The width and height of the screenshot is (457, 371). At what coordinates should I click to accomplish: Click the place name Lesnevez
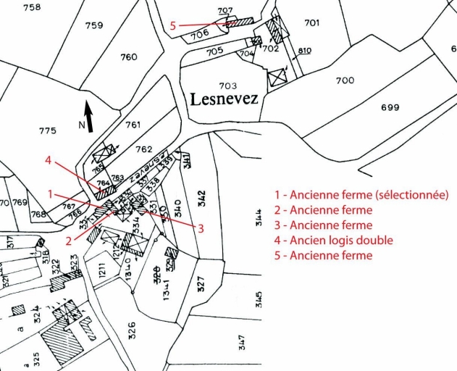click(x=224, y=99)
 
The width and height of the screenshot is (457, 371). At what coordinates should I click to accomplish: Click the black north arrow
click(x=89, y=114)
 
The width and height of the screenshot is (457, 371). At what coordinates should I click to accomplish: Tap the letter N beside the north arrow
click(x=81, y=124)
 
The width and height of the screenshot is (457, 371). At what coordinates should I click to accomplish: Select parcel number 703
click(x=227, y=86)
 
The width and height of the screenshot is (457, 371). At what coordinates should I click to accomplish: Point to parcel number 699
click(x=390, y=108)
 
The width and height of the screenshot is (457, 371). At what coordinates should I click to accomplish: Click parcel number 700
click(x=345, y=80)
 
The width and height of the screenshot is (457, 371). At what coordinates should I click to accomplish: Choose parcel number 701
click(x=311, y=23)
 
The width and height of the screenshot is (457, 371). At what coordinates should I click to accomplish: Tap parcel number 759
click(x=93, y=25)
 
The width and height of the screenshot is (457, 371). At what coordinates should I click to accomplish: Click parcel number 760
click(x=129, y=57)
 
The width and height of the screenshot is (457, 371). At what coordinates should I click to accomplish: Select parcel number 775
click(x=47, y=130)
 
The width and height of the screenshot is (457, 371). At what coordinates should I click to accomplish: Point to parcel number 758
click(x=32, y=7)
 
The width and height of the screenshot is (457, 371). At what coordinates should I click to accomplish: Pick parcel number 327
click(x=201, y=279)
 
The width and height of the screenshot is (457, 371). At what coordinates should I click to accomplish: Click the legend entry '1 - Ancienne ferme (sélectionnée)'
click(x=361, y=195)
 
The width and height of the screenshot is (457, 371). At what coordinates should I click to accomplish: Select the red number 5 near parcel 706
click(x=172, y=26)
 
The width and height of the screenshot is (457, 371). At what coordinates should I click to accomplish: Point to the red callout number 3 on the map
click(x=201, y=228)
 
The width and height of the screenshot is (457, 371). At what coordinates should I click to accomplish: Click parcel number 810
click(x=304, y=50)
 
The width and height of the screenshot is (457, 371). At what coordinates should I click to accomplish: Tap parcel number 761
click(x=133, y=125)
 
